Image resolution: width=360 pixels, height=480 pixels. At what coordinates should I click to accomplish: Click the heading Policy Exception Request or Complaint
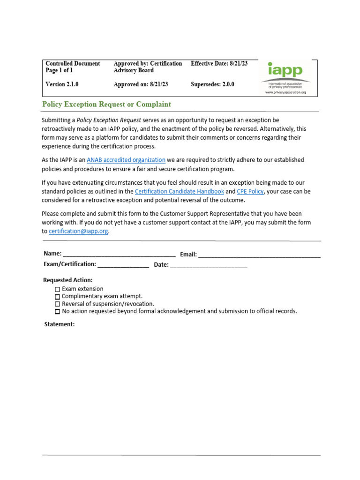(106, 105)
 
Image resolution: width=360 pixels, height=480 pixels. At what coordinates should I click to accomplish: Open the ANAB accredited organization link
(126, 160)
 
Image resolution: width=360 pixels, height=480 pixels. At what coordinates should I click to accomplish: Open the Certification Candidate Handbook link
(179, 191)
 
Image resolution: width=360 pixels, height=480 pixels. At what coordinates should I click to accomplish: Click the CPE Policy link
(250, 191)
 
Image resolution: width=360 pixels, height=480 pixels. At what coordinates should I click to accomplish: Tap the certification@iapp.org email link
(78, 231)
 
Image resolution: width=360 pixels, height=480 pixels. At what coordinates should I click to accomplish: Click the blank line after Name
(119, 255)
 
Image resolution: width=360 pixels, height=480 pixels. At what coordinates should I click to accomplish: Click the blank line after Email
(259, 255)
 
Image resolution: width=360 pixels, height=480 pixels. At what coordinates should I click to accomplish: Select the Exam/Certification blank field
(123, 265)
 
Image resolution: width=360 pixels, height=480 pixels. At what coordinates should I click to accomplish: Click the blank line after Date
(209, 265)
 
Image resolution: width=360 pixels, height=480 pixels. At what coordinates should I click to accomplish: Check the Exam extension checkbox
(58, 289)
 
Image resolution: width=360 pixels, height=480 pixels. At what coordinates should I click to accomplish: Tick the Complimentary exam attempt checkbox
(58, 297)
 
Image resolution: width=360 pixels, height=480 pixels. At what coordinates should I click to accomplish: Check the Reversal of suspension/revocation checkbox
(58, 304)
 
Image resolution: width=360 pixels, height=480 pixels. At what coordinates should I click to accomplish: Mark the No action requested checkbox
(58, 311)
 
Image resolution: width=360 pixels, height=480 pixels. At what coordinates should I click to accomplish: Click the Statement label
(59, 324)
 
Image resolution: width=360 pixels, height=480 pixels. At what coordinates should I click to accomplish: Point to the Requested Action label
(68, 280)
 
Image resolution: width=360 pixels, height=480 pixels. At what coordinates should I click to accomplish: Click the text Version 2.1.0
(62, 85)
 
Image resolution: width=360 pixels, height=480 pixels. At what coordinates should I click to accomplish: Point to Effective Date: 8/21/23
(219, 63)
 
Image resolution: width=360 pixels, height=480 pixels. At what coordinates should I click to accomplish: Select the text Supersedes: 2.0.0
(212, 85)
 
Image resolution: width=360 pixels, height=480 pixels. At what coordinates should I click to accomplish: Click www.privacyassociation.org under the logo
(285, 92)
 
